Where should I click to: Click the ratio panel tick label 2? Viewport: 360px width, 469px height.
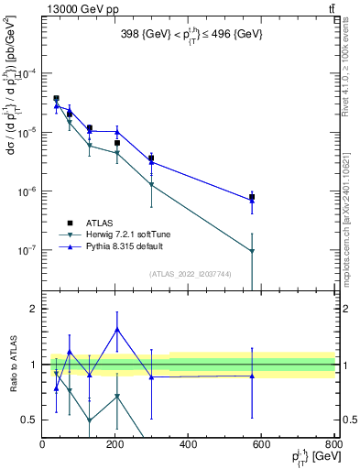click(x=32, y=309)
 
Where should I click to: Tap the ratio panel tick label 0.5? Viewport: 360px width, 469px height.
click(x=28, y=420)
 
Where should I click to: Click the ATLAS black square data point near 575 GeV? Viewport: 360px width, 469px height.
click(x=252, y=197)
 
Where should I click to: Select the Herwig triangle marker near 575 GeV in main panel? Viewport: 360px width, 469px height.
click(x=252, y=251)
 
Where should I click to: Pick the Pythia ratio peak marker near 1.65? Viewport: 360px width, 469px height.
click(x=117, y=329)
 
